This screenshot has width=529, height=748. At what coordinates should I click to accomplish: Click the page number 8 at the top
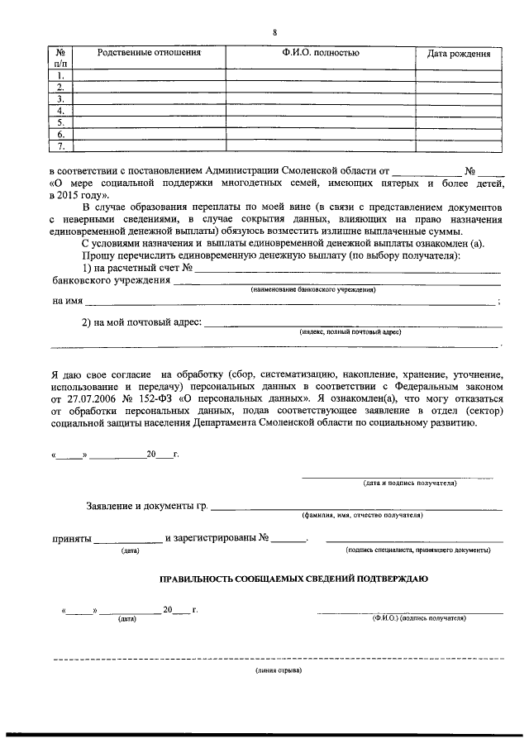[x=274, y=32]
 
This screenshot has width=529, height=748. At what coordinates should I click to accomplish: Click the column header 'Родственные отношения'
[x=149, y=54]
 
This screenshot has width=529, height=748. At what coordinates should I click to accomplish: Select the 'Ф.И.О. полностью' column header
[x=320, y=54]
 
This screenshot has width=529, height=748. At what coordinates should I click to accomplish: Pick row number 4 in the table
[x=61, y=110]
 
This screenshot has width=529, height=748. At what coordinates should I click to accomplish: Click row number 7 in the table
[x=61, y=146]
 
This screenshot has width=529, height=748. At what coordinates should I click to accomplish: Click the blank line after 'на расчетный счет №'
[x=347, y=270]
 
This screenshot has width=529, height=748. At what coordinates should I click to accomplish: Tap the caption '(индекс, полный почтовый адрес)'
[x=350, y=331]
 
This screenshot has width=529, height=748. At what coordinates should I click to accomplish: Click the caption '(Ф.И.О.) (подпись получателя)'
[x=419, y=617]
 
